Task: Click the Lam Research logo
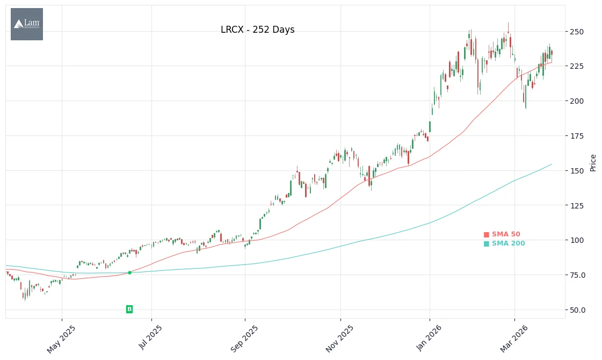[x=27, y=24]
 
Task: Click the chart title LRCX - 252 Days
[x=257, y=30]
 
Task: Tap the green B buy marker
[x=129, y=309]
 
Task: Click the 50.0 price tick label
[x=578, y=310]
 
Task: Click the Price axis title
[x=593, y=163]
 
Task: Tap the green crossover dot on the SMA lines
[x=129, y=272]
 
